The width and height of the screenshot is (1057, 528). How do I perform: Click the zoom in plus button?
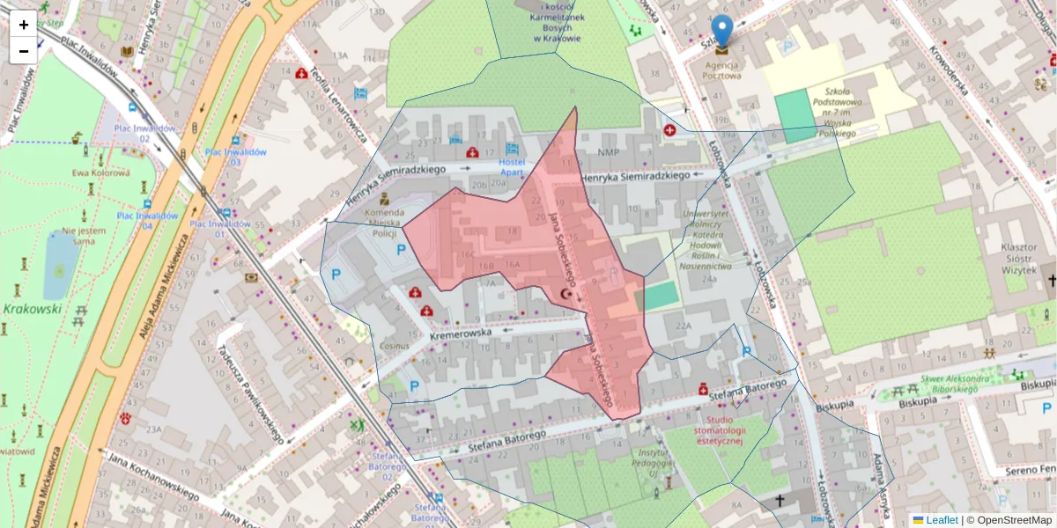point(24,25)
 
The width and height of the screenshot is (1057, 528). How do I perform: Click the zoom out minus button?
point(24,51)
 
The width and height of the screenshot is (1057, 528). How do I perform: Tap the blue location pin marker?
point(721,32)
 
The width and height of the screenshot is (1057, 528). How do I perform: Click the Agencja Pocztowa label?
point(721,70)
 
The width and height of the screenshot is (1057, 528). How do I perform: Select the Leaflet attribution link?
point(942,520)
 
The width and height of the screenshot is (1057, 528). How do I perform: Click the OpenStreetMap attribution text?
point(1013,520)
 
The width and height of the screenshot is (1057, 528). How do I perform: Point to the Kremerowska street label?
point(461,335)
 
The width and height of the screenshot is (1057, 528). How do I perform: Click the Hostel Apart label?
point(512,168)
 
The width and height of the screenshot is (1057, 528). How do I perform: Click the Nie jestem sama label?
point(85,236)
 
